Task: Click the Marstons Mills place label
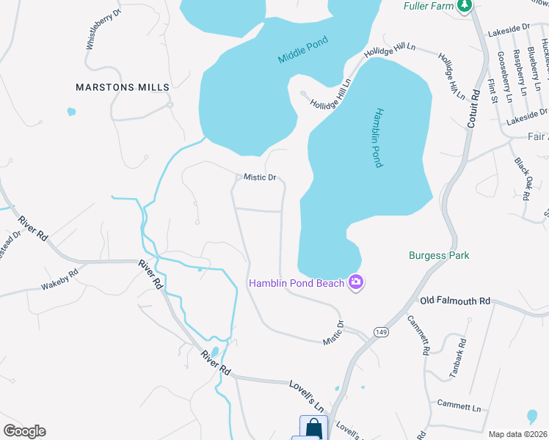[123, 87]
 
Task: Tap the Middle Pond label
[302, 50]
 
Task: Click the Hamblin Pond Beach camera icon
[356, 283]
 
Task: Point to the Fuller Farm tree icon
[463, 7]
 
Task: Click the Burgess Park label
[438, 256]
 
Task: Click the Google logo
[24, 430]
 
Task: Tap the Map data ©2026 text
[517, 434]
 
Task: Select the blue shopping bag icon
[313, 427]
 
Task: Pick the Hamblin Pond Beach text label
[297, 283]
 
